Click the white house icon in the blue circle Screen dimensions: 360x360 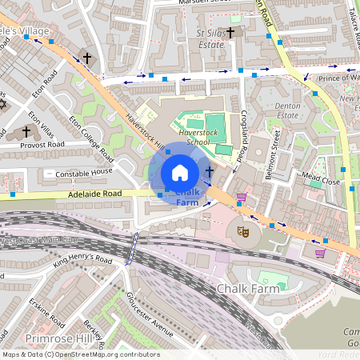point(180,172)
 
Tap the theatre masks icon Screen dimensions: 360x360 point(242,232)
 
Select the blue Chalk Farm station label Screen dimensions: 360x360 point(186,198)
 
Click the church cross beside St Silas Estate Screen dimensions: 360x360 point(231,33)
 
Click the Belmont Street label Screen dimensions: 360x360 point(274,148)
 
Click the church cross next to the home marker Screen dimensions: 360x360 point(210,172)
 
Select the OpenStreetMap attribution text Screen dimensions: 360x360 point(80,354)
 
